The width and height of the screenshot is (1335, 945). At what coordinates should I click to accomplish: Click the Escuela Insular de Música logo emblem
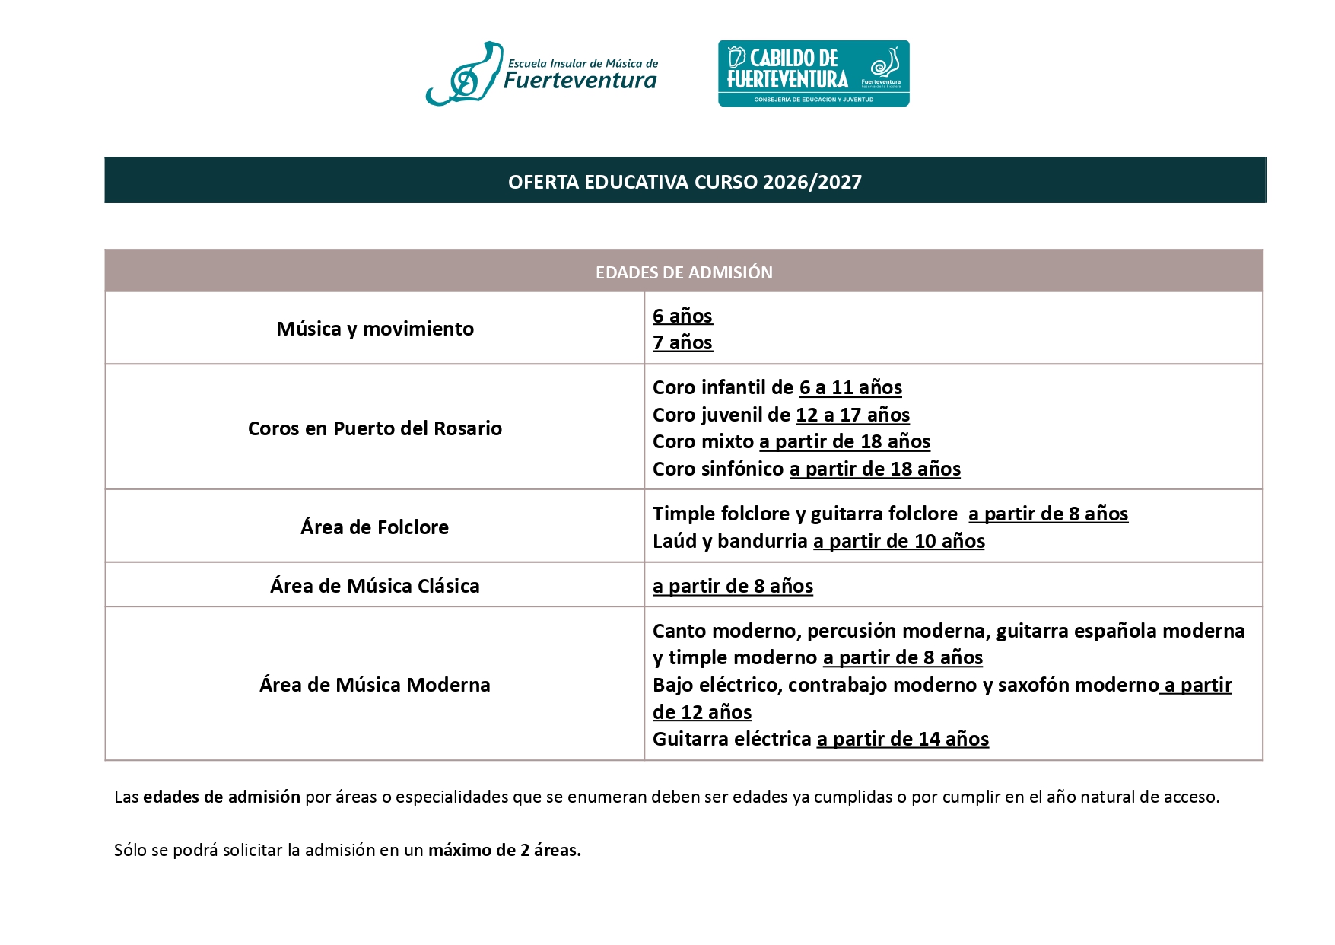464,75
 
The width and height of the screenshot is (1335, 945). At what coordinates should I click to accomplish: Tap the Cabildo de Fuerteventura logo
813,74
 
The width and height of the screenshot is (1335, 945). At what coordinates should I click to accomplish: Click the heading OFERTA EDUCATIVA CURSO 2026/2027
685,182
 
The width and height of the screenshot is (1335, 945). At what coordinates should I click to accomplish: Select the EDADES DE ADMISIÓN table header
684,272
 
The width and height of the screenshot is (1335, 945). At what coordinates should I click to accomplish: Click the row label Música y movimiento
375,329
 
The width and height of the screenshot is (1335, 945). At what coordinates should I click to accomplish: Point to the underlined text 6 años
682,316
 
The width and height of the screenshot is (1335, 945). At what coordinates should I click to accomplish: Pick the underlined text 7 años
682,342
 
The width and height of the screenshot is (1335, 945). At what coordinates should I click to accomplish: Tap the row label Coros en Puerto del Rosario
375,428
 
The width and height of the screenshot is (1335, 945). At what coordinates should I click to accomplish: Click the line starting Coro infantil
777,387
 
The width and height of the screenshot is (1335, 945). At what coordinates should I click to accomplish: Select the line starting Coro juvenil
780,415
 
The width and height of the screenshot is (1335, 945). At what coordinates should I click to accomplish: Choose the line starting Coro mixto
791,441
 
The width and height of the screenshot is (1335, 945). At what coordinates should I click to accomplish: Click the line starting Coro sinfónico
806,469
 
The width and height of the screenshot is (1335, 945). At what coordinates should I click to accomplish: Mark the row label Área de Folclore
375,527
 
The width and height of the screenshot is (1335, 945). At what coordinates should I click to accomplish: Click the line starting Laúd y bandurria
818,541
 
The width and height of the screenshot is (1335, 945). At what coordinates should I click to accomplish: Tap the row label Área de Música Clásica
375,586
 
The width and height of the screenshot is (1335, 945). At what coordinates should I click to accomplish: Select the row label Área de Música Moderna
375,685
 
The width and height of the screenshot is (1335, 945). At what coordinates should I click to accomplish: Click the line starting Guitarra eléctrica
821,739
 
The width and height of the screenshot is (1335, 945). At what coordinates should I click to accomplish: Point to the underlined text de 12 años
702,712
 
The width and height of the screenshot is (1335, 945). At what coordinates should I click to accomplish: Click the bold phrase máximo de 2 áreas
504,850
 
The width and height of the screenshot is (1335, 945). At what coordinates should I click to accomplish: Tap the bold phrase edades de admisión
221,797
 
